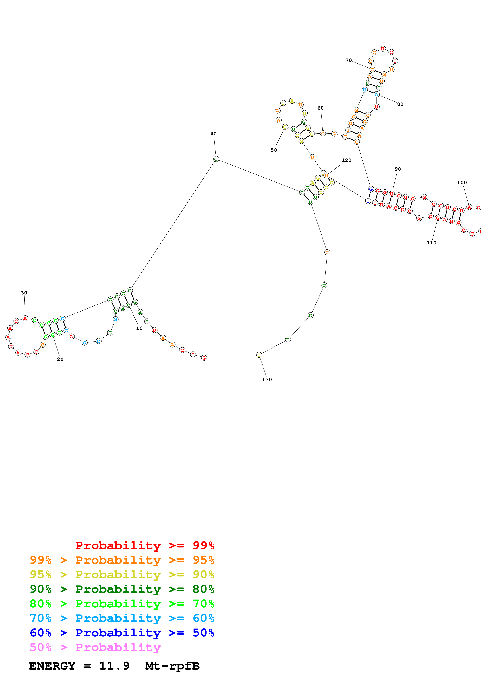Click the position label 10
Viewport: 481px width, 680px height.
pos(139,328)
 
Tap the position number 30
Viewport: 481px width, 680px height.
pos(24,293)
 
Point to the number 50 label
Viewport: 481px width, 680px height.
pos(274,150)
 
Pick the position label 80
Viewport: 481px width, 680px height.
pos(400,104)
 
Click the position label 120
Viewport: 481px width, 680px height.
pos(347,160)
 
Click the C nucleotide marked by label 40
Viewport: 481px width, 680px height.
pos(216,159)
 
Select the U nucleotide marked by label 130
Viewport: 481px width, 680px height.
pos(259,355)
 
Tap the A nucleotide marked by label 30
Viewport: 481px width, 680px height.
pos(25,318)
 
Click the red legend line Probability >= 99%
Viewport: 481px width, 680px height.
pos(145,545)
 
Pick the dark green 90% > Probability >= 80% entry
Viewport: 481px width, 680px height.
pos(122,589)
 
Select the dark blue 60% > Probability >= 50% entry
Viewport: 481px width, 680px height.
pos(122,633)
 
